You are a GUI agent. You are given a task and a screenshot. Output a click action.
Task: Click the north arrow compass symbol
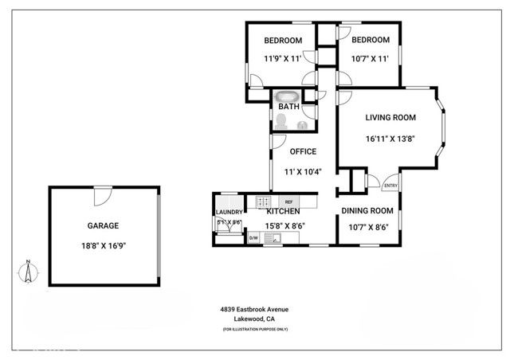pyautogui.click(x=26, y=273)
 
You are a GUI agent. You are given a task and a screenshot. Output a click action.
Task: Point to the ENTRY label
pyautogui.click(x=390, y=186)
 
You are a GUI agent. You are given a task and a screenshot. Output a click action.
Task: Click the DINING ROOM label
pyautogui.click(x=367, y=211)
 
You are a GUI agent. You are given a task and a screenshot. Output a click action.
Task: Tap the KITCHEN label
pyautogui.click(x=283, y=211)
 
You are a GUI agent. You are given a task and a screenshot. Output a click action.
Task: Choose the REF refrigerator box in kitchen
pyautogui.click(x=288, y=202)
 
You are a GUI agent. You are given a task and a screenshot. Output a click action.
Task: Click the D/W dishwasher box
pyautogui.click(x=253, y=237)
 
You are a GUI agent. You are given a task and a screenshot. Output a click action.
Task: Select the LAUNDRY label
pyautogui.click(x=228, y=212)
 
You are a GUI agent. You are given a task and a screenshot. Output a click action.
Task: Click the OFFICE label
pyautogui.click(x=303, y=151)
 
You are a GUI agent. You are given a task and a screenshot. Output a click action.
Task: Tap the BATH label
pyautogui.click(x=288, y=106)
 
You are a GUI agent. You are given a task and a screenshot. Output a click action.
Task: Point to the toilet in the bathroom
pyautogui.click(x=281, y=121)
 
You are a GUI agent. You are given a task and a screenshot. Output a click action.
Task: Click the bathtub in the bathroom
pyautogui.click(x=286, y=97)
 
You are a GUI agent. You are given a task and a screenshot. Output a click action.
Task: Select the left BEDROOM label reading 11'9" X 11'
pyautogui.click(x=283, y=41)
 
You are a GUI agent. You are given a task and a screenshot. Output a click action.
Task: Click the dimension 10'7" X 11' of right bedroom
pyautogui.click(x=371, y=58)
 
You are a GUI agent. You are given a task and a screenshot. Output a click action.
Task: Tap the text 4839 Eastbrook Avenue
pyautogui.click(x=255, y=309)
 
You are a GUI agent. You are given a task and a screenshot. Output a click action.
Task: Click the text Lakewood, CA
pyautogui.click(x=254, y=319)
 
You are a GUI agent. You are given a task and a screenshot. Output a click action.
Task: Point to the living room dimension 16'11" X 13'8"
pyautogui.click(x=389, y=139)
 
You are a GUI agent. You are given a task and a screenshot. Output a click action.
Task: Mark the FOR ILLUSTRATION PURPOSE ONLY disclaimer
pyautogui.click(x=255, y=329)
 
